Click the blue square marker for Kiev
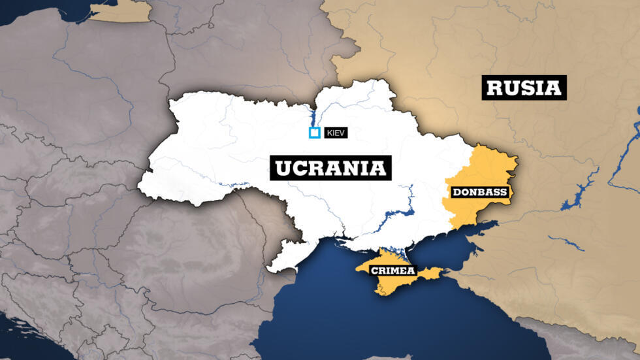314,133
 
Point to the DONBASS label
479,193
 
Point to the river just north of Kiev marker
312,118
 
